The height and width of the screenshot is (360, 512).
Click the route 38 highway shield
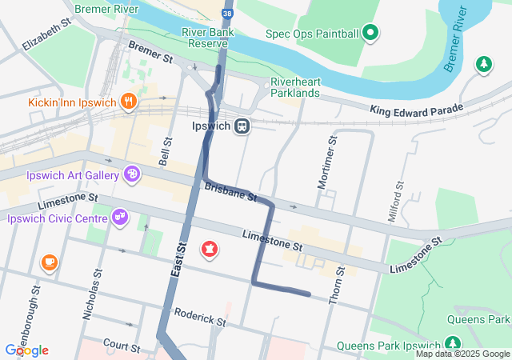(229, 14)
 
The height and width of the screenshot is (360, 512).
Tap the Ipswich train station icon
(242, 126)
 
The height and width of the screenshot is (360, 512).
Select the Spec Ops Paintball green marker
(370, 33)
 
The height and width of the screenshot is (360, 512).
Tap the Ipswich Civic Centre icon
(121, 217)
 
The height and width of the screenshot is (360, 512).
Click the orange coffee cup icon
(49, 262)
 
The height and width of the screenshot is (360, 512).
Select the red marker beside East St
(210, 250)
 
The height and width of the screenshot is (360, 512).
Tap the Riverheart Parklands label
(295, 87)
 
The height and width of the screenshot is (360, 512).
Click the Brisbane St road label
(230, 191)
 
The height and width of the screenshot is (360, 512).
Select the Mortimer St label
(326, 162)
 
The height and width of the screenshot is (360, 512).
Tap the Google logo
(26, 350)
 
